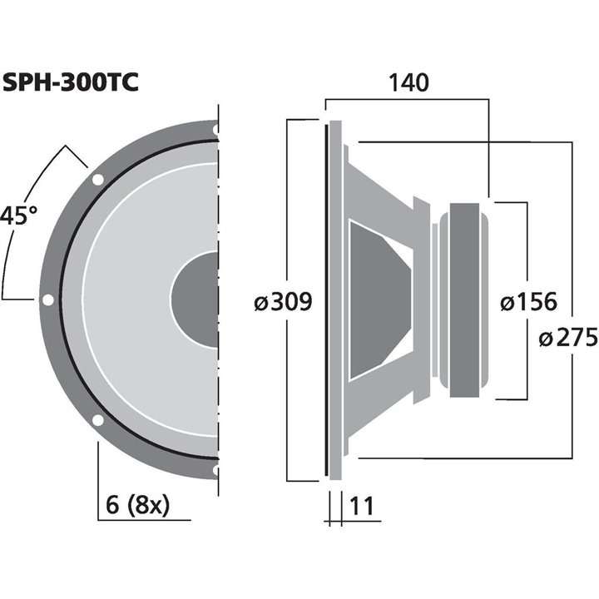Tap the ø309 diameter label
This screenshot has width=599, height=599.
(283, 302)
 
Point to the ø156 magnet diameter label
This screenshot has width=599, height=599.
(528, 302)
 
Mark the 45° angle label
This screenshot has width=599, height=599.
(18, 216)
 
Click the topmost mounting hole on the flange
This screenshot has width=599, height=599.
(215, 130)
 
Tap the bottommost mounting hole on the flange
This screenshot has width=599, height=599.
(215, 471)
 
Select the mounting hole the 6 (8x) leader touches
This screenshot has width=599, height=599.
(97, 420)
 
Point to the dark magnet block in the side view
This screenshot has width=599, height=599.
(466, 300)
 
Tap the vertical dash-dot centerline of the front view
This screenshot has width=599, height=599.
(218, 333)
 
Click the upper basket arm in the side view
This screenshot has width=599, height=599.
(383, 187)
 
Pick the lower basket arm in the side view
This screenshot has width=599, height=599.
(383, 412)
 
